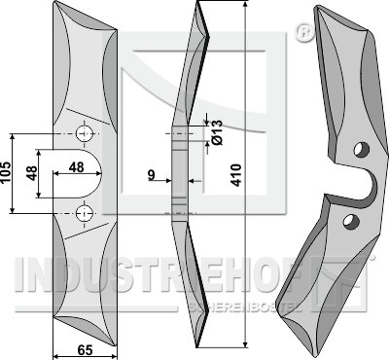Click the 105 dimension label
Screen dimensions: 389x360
click(7, 172)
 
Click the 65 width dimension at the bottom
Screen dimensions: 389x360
click(85, 350)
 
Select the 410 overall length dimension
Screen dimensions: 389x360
click(236, 175)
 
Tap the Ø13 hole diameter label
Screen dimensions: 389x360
click(217, 132)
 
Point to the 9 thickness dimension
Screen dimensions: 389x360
click(152, 175)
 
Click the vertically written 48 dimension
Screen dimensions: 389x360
click(32, 173)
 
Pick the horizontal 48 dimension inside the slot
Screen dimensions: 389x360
click(77, 167)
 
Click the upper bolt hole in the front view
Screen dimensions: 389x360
click(85, 133)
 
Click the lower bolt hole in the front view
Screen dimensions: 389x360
click(85, 213)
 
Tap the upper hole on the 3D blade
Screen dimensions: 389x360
click(362, 149)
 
